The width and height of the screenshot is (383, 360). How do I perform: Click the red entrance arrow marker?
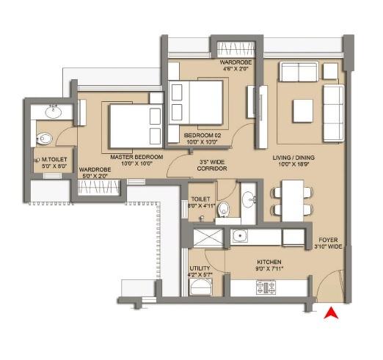click(331, 313)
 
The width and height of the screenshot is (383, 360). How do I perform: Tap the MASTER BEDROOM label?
click(131, 157)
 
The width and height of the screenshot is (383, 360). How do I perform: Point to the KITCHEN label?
click(269, 262)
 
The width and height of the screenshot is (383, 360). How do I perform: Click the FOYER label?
click(330, 240)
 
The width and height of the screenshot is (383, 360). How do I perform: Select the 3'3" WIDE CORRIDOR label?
click(214, 164)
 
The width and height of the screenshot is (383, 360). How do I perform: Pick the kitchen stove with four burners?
click(266, 287)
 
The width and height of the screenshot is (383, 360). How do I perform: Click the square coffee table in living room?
click(304, 111)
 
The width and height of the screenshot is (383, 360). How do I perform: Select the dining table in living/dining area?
click(291, 200)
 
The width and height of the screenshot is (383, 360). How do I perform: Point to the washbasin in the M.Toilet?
click(53, 112)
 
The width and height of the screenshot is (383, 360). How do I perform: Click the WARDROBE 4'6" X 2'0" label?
click(235, 67)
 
